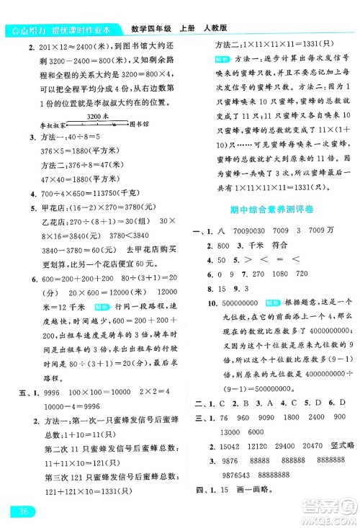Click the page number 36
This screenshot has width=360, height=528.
point(23,512)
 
